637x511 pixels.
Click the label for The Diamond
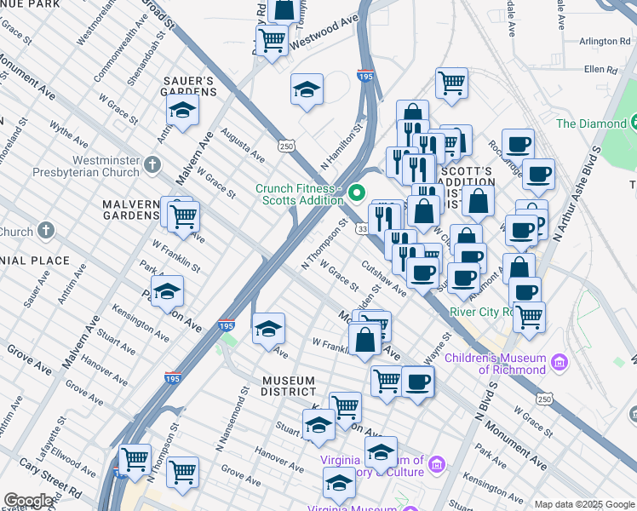point(590,123)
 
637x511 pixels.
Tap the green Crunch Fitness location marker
point(357,194)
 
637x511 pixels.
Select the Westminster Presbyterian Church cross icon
point(152,163)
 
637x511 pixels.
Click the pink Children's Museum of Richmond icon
point(560,363)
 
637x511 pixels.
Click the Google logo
point(29,500)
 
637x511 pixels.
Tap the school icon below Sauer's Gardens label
point(181,112)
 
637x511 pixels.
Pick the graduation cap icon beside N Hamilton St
point(307,89)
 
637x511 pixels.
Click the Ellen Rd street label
point(600,69)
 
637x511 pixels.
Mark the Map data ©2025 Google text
point(583,504)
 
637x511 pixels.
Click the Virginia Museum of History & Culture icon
point(437,464)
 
